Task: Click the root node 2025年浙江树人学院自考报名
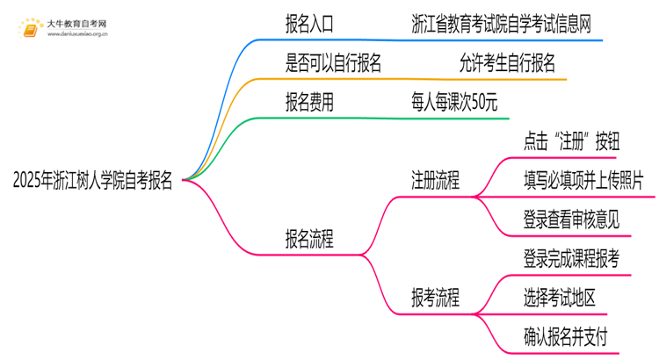[92, 182]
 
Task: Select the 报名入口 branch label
[309, 23]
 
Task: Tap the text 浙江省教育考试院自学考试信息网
[500, 23]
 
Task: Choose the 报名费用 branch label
[309, 103]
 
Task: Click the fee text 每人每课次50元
[453, 103]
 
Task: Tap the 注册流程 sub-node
[435, 182]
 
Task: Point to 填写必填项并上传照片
[583, 182]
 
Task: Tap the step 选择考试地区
[558, 298]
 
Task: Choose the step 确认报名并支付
[564, 336]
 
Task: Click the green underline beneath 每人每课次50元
[457, 118]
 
